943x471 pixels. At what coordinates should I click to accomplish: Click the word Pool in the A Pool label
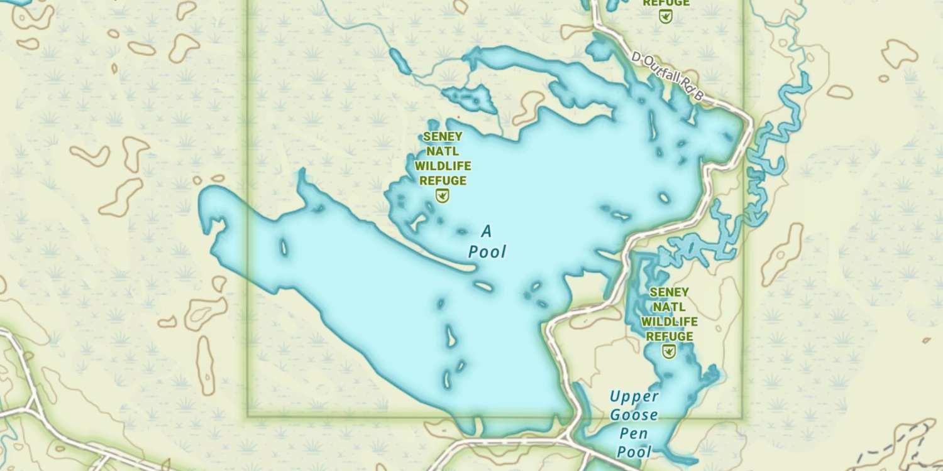click(487, 252)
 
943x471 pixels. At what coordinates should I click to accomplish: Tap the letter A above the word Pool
click(486, 232)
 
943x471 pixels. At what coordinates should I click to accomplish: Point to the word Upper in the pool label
click(634, 397)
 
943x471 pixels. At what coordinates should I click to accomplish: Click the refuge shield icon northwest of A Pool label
click(443, 197)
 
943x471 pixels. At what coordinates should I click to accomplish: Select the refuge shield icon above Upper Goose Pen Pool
click(669, 351)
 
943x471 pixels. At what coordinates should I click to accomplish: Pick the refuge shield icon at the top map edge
click(665, 17)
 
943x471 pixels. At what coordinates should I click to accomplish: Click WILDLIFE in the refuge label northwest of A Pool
click(443, 166)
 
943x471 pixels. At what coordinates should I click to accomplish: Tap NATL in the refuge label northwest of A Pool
click(443, 151)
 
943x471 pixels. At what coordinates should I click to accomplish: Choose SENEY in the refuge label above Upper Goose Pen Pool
click(669, 292)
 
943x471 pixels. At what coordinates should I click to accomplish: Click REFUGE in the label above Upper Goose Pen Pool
click(669, 337)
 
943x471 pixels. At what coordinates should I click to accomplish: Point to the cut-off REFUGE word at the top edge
click(665, 3)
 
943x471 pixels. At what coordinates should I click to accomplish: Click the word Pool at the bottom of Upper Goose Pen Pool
click(634, 452)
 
